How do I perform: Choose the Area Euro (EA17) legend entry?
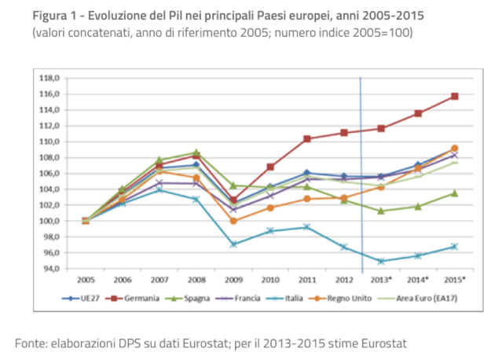(425, 299)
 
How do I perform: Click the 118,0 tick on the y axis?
(50, 78)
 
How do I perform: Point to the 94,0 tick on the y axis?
(50, 269)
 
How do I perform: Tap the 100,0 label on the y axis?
(50, 221)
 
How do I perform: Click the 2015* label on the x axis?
(454, 279)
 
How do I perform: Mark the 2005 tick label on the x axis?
(86, 279)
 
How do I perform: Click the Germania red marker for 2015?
(454, 96)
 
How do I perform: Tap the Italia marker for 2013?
(381, 261)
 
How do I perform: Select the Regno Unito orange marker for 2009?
(233, 221)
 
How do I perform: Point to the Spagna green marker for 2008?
(196, 152)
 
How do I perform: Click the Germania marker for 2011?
(307, 138)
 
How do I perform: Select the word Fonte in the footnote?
(34, 343)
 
